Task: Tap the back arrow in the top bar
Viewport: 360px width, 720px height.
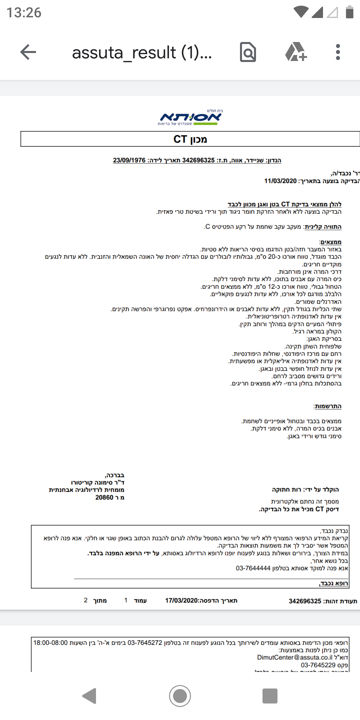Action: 28,52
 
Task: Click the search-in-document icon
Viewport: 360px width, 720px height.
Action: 248,52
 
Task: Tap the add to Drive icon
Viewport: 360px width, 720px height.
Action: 296,52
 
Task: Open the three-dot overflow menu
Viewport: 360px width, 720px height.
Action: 338,52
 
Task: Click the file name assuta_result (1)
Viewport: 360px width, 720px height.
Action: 142,53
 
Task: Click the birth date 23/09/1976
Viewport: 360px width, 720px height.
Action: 129,160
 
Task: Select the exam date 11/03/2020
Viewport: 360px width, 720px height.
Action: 280,181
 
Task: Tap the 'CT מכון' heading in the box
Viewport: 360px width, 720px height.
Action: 190,139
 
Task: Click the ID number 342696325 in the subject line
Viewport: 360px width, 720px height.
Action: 198,160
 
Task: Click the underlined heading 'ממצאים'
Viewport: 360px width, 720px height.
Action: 330,242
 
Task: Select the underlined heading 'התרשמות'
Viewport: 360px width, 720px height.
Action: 328,406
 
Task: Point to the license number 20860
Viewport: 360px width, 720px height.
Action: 104,498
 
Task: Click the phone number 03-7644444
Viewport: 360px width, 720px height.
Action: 253,568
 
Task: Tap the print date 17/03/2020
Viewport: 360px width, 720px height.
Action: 182,601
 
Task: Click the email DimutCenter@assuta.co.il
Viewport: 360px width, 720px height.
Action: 295,658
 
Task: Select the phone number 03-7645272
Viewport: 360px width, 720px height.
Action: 145,643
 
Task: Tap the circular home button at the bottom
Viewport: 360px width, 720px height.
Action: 180,696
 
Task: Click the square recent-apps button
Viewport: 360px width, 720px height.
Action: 270,696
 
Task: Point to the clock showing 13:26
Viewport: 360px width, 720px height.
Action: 24,13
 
